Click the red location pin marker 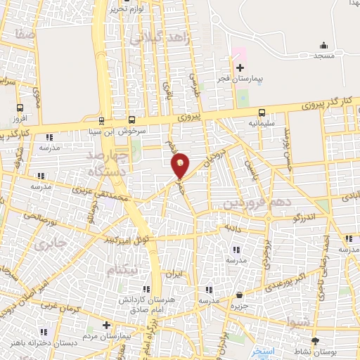[x=181, y=166]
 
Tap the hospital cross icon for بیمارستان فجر [x=240, y=68]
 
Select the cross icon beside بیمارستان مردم [x=106, y=325]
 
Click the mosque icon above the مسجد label [x=323, y=46]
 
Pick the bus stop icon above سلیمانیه [x=262, y=112]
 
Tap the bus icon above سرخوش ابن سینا [x=131, y=120]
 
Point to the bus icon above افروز [x=20, y=108]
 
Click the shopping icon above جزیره [x=240, y=295]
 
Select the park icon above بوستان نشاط [x=314, y=340]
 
